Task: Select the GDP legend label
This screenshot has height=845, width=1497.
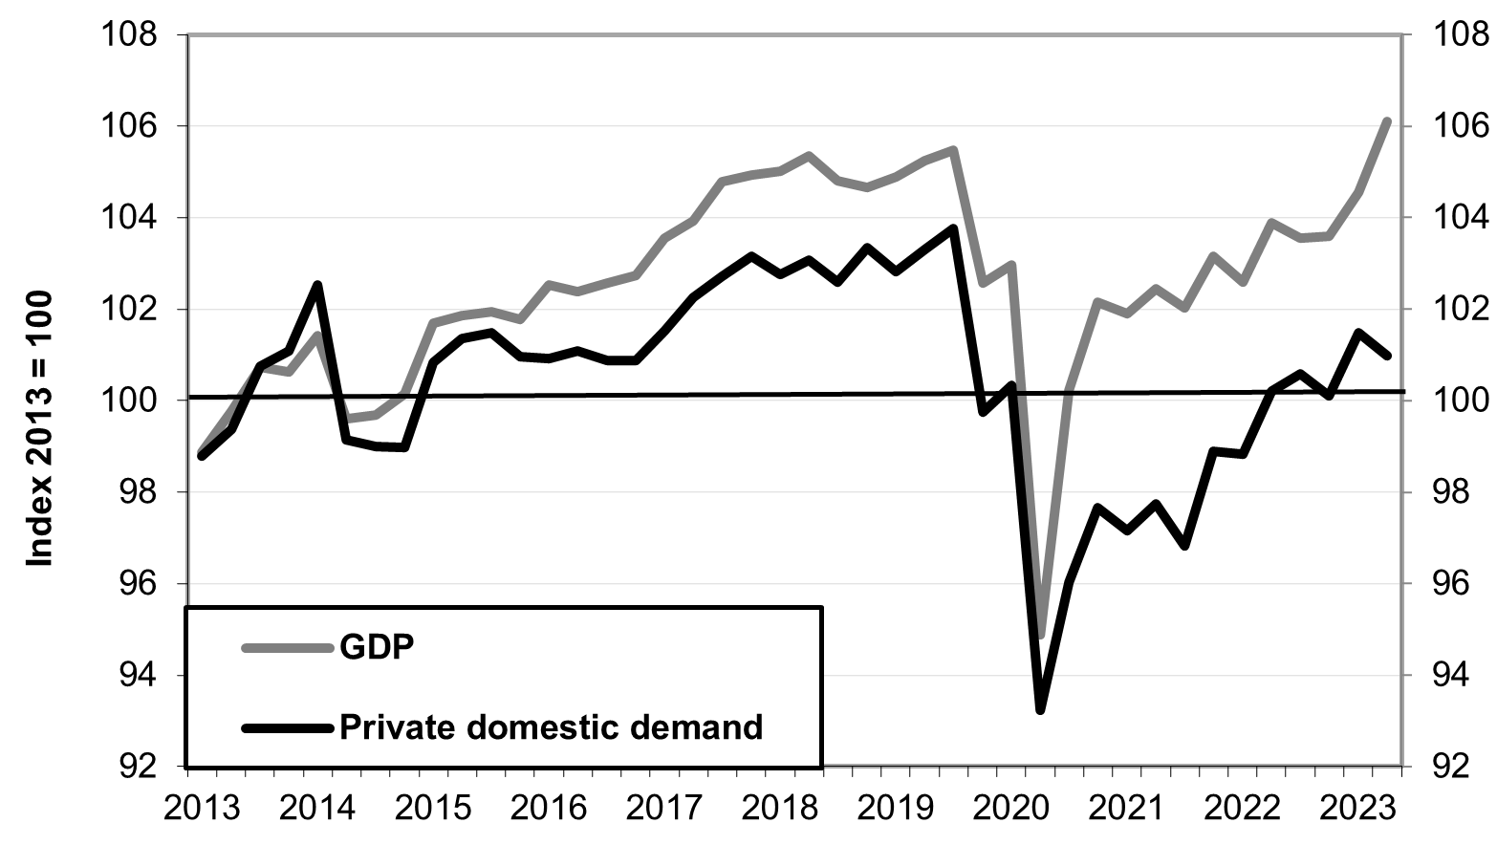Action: click(x=377, y=647)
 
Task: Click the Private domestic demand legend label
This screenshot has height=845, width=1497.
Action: click(x=552, y=727)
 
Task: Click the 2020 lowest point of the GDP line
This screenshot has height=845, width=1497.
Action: click(x=1041, y=636)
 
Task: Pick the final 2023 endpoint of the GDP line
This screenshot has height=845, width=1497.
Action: click(x=1387, y=121)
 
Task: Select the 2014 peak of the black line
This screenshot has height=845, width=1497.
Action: click(x=317, y=284)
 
